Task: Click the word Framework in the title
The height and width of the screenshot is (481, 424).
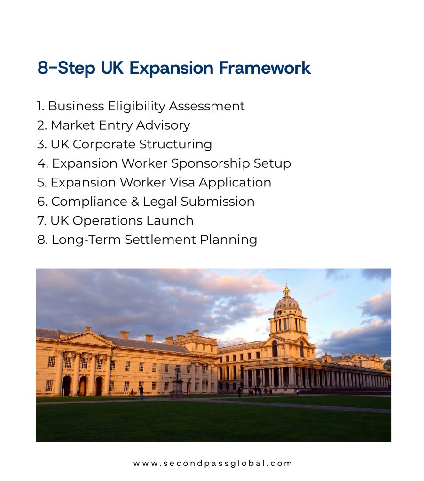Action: [265, 68]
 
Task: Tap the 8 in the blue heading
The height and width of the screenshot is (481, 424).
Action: [43, 68]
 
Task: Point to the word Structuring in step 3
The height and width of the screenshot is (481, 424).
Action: [175, 145]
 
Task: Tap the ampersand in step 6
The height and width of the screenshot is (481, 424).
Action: [135, 202]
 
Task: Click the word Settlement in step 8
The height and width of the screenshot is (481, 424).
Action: [160, 240]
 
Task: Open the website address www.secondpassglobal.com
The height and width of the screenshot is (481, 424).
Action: [212, 463]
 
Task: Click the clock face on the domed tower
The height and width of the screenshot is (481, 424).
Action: [279, 312]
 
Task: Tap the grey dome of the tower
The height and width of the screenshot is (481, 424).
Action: [287, 303]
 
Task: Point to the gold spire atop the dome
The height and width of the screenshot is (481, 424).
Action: [286, 289]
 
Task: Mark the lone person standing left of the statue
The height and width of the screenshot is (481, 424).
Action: [141, 393]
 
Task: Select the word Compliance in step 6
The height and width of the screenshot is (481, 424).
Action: [89, 202]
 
